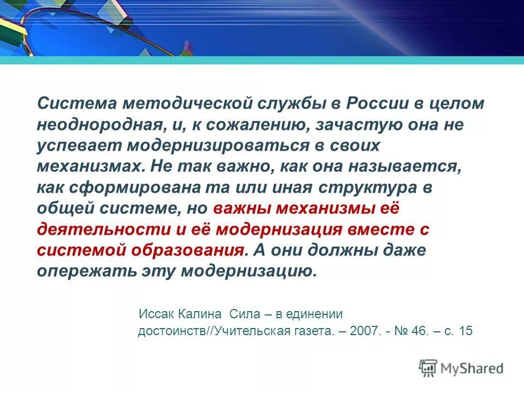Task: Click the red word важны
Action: pos(242,209)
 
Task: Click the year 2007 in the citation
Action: pos(366,331)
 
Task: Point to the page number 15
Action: pos(466,331)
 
